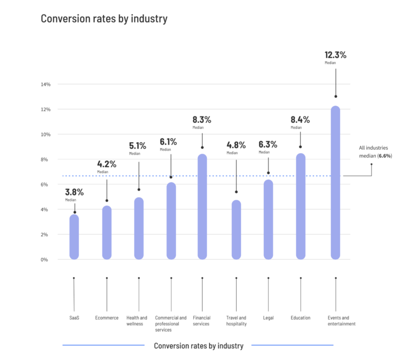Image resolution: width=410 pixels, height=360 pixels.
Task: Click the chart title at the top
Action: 104,19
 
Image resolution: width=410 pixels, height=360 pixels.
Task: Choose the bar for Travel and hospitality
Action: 236,230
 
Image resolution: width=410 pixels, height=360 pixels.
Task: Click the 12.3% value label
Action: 335,54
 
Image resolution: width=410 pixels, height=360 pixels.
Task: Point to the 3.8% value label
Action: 75,192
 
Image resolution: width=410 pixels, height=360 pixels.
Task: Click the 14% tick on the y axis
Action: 45,84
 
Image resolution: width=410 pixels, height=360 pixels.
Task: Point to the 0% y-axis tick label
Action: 46,260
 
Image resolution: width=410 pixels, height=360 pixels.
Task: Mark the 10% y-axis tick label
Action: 45,135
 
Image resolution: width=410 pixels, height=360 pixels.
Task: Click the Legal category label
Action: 268,318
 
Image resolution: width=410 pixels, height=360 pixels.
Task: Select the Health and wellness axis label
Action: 137,321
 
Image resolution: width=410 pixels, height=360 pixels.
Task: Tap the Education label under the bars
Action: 301,318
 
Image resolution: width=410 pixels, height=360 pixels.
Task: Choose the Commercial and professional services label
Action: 171,324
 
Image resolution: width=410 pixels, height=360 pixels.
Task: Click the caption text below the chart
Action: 199,346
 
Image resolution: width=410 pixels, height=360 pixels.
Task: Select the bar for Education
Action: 301,206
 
